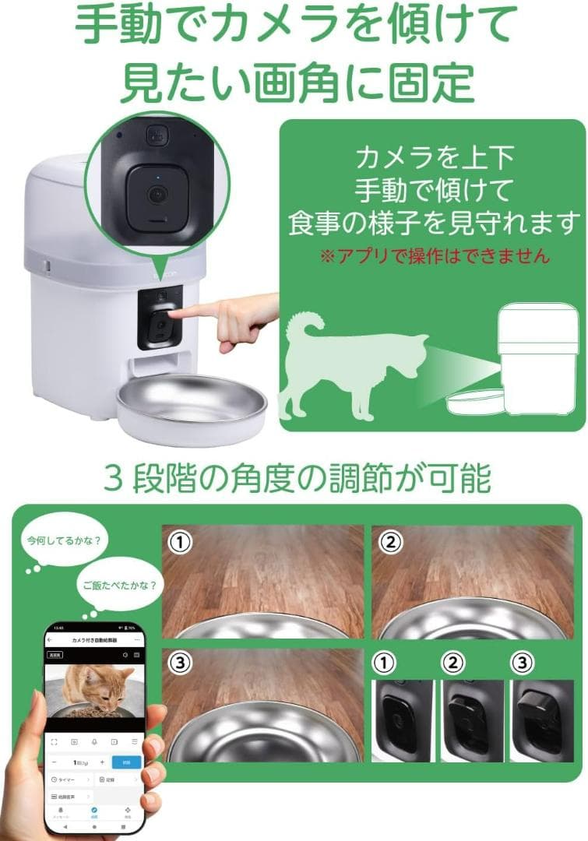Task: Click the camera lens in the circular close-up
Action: [x=157, y=194]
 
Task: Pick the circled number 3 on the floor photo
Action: [x=181, y=663]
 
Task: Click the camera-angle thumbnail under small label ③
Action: [x=540, y=720]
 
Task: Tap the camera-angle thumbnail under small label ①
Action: [x=403, y=720]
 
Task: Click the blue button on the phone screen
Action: [x=126, y=762]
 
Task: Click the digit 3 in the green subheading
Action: [x=114, y=477]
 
